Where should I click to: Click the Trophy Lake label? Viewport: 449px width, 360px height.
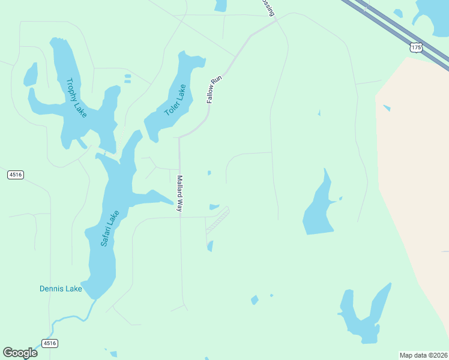[76, 97]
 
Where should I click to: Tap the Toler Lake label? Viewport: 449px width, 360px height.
[175, 100]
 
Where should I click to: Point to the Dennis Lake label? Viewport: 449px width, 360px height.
[61, 289]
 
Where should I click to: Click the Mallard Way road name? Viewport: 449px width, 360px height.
[179, 193]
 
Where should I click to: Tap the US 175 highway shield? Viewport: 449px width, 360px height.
[416, 46]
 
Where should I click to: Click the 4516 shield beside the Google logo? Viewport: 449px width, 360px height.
[49, 343]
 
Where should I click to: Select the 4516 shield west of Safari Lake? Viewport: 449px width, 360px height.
[16, 175]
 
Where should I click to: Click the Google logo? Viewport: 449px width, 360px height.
[20, 353]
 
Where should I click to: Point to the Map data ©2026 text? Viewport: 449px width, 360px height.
[423, 355]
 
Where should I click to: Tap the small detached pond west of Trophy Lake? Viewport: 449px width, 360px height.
[31, 74]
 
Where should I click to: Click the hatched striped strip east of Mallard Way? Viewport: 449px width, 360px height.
[217, 220]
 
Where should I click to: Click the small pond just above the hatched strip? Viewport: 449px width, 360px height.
[214, 207]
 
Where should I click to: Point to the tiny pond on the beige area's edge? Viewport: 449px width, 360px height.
[387, 108]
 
